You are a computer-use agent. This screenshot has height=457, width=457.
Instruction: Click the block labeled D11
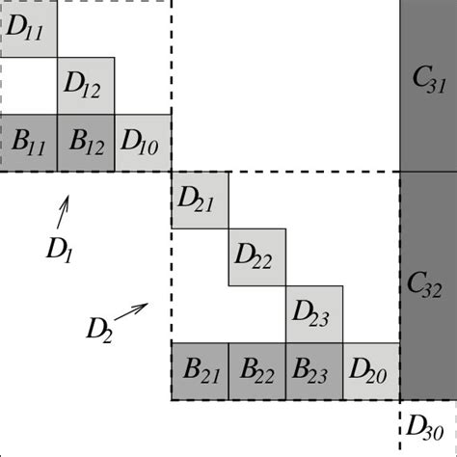tap(28, 29)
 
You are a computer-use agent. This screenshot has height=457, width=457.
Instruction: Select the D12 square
tap(86, 86)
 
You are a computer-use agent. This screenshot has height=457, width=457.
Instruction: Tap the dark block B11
tap(28, 144)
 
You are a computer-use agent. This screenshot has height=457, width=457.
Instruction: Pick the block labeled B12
tap(86, 144)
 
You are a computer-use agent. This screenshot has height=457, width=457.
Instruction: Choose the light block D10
tap(144, 144)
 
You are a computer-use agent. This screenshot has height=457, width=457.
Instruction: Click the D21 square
tap(200, 201)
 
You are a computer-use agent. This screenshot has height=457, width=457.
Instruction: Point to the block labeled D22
tap(257, 257)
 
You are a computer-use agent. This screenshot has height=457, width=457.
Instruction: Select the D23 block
tap(314, 314)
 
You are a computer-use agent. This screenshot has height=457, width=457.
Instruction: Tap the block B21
tap(200, 371)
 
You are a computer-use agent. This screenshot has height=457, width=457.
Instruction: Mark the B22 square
tap(257, 371)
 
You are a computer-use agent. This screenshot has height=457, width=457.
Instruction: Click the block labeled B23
tap(314, 371)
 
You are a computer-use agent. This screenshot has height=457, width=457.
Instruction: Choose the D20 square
tap(371, 371)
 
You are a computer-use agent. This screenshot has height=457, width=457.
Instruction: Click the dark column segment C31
tap(428, 86)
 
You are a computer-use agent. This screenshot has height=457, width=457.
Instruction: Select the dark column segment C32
tap(428, 285)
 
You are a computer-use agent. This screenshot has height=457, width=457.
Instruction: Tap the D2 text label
tap(97, 330)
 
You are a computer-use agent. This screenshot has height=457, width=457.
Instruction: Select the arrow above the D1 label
tap(65, 207)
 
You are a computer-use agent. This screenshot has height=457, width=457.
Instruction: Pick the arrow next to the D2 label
tap(132, 311)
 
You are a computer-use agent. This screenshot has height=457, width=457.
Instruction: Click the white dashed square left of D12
tap(29, 86)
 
